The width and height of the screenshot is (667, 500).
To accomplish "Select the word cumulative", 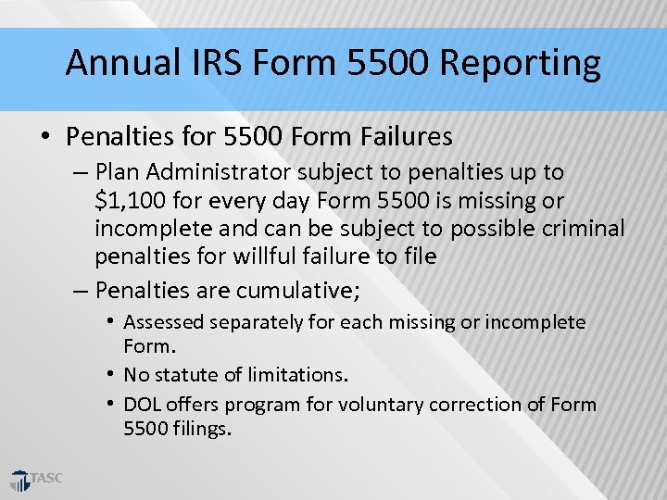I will click(295, 290).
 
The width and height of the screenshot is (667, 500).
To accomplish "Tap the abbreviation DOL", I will click(142, 405).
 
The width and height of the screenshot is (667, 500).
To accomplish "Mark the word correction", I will click(459, 405).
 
